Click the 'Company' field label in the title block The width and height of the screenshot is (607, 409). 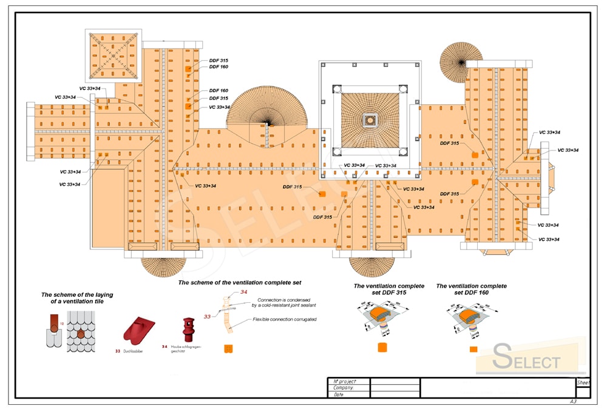coord(343,387)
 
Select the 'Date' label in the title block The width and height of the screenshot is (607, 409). coord(339,394)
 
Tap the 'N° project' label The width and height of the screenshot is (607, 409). coord(345,380)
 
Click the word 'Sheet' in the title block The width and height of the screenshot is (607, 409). coord(583,383)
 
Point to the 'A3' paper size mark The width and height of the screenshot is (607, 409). coord(573,402)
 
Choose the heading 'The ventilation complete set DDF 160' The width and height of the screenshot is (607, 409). coord(471,289)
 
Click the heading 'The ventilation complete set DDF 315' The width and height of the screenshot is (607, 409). coord(389,289)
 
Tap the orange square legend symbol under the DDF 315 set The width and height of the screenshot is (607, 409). coord(382,348)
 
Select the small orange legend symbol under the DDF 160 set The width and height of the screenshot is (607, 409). coord(473,350)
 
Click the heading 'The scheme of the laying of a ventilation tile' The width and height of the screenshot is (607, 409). coord(77,298)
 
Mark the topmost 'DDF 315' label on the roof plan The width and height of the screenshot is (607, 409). coord(219,61)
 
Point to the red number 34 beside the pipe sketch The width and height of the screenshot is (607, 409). coord(244,292)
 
